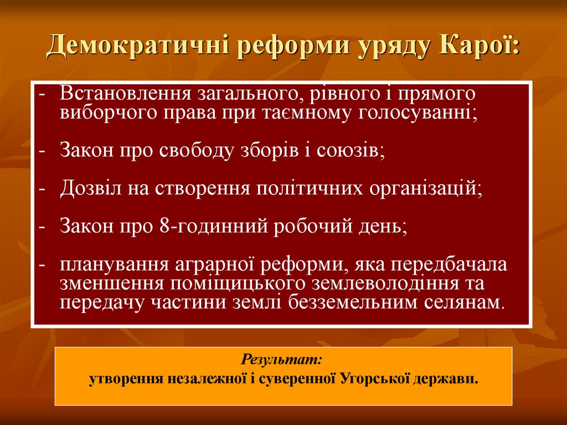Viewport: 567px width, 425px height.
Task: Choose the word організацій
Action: [x=422, y=188]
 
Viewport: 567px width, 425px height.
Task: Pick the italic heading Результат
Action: [x=282, y=360]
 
